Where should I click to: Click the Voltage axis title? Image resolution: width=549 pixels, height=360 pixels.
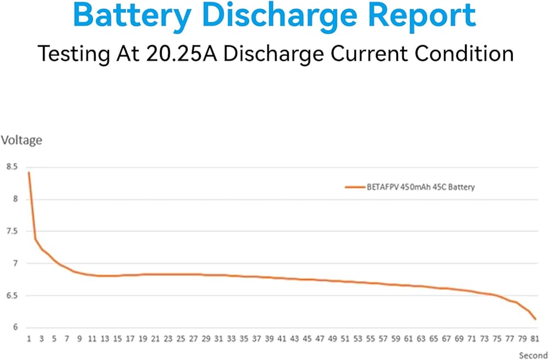pyautogui.click(x=21, y=140)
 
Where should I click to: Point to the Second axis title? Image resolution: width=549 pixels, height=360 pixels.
pyautogui.click(x=533, y=356)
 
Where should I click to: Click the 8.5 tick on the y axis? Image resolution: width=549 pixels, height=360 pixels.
pyautogui.click(x=12, y=166)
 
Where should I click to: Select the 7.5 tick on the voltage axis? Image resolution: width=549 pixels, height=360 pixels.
pyautogui.click(x=12, y=231)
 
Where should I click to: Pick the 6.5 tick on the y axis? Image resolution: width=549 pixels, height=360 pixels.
pyautogui.click(x=12, y=296)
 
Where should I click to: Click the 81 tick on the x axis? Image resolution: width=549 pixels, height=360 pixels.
pyautogui.click(x=535, y=339)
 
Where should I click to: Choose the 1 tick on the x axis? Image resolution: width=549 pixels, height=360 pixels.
pyautogui.click(x=29, y=339)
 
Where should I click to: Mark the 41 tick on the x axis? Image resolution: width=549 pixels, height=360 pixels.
pyautogui.click(x=282, y=339)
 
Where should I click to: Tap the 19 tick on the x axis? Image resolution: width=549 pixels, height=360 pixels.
pyautogui.click(x=143, y=339)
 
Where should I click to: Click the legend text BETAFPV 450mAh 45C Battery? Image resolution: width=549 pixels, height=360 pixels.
pyautogui.click(x=420, y=187)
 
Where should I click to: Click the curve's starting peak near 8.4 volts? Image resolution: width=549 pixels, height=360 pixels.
pyautogui.click(x=29, y=172)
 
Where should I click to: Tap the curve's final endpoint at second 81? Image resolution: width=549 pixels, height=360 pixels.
pyautogui.click(x=535, y=319)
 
